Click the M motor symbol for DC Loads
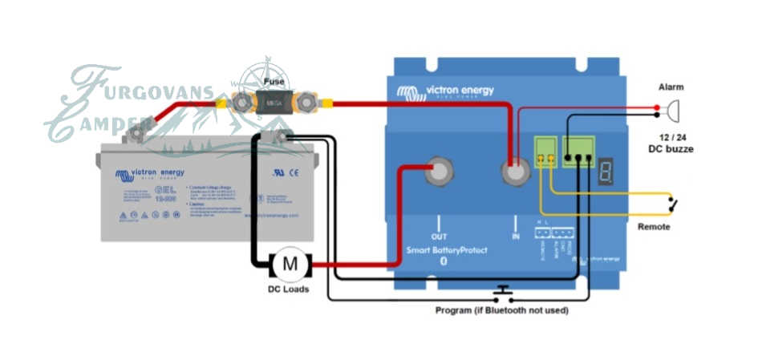point(291,262)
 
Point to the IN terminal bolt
point(515,172)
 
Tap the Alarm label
point(671,86)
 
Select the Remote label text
point(654,227)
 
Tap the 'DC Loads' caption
point(289,289)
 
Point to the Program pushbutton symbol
point(503,290)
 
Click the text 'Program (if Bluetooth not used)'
point(501,310)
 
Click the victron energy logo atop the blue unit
point(445,91)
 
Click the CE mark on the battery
point(294,172)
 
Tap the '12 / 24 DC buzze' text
point(671,143)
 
